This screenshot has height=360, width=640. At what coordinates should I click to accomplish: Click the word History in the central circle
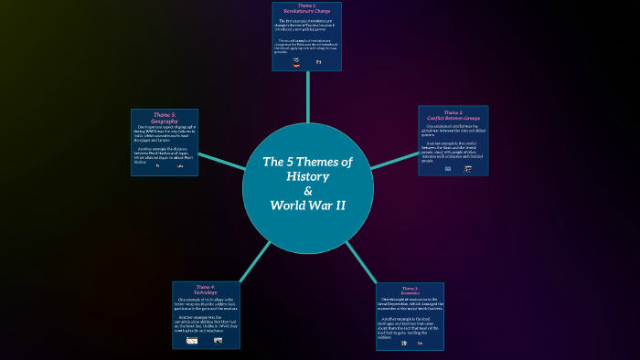pos(307,175)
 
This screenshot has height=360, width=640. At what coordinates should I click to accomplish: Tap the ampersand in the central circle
pos(307,190)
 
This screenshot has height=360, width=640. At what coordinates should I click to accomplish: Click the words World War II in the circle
pos(307,205)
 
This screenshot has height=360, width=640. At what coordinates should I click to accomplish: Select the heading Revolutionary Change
pos(306,11)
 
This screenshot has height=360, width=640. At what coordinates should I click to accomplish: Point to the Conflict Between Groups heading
pos(453,117)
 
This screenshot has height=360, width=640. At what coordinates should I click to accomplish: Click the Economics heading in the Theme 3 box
pos(410,293)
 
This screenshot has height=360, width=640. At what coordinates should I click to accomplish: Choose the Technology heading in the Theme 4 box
pos(206,291)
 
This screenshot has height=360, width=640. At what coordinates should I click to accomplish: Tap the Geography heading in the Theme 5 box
pos(165,121)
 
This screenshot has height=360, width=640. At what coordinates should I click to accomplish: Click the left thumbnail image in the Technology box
pos(192,340)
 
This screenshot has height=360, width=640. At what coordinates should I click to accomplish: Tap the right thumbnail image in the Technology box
pos(218,340)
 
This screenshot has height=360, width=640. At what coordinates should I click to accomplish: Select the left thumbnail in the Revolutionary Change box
pos(296,62)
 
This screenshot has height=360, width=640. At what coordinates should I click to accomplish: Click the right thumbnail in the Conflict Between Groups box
pos(468,169)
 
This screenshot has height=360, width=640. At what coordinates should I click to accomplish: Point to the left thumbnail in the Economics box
pos(403,343)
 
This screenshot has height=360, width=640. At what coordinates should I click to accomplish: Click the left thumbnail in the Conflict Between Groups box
pos(448,169)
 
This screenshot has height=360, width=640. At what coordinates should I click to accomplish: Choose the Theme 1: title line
pos(306,5)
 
